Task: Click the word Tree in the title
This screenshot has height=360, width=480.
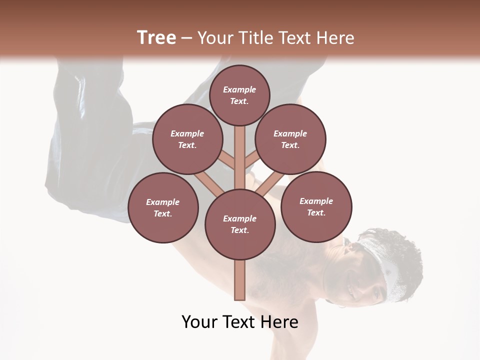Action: coord(156,38)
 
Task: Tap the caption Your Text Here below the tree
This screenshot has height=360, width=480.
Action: coord(239,322)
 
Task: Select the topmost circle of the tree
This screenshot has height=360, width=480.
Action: coord(239,95)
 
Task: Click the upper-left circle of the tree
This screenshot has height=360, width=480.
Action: coord(187,139)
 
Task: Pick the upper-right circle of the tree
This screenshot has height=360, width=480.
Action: coord(290,139)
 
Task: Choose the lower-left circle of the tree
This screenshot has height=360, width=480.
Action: coord(163,207)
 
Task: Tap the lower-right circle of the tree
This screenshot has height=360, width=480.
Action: coord(316,206)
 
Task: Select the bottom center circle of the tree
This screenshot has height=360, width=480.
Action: coord(240,224)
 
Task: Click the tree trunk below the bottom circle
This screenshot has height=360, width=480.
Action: coord(240,280)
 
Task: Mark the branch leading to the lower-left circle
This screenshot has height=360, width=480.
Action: coord(209,183)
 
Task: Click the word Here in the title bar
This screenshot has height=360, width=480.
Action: coord(335,38)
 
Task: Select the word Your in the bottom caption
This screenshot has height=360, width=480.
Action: coord(200,322)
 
